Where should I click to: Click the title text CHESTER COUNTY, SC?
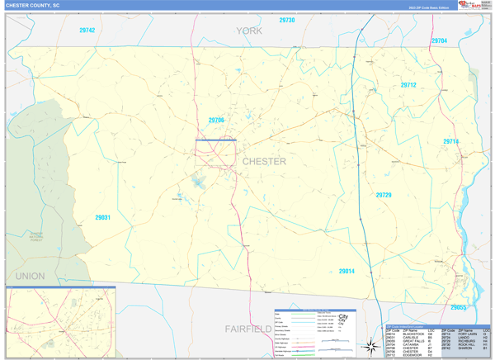point(33,5)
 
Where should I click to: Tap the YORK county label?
point(248,31)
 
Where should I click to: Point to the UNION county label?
point(30,276)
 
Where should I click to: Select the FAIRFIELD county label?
point(248,329)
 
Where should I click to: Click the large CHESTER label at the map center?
point(264,161)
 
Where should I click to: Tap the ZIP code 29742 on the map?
point(87,31)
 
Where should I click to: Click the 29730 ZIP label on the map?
point(286,20)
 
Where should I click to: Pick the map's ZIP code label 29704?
point(439,40)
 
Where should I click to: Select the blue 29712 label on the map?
point(408,85)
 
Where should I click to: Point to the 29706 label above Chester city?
point(216,120)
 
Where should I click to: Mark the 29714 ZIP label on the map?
point(450,142)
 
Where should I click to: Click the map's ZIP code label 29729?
point(384,196)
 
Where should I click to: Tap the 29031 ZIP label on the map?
point(102,217)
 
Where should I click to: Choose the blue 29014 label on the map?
point(346,271)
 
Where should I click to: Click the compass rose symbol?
point(370,347)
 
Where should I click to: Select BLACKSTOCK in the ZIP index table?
point(413,333)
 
